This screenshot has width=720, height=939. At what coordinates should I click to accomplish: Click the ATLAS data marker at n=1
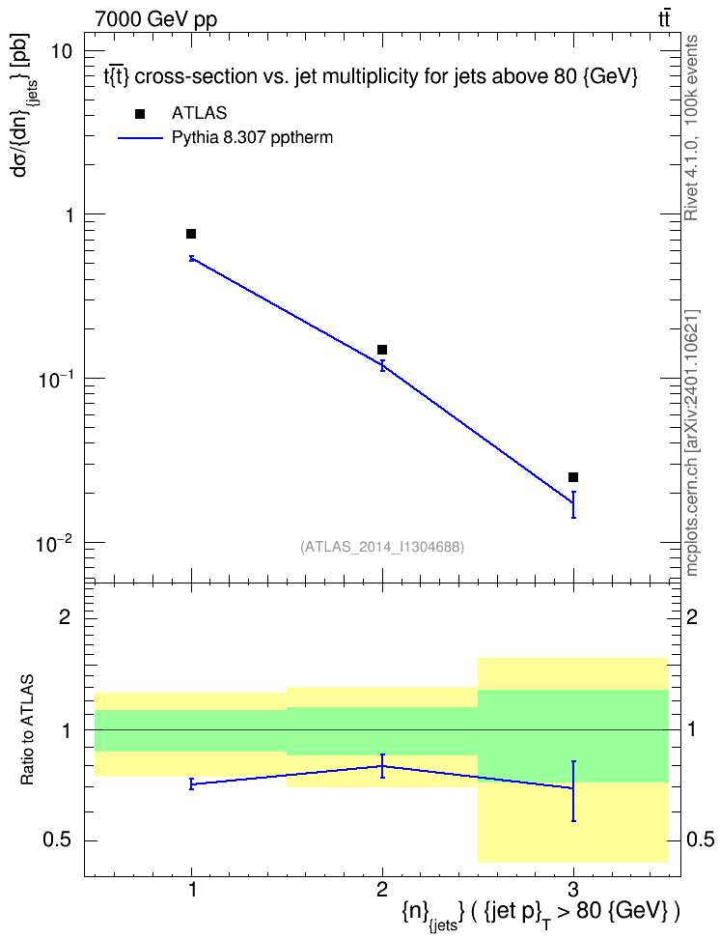[x=191, y=234]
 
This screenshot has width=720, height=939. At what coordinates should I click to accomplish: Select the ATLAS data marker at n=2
[x=382, y=350]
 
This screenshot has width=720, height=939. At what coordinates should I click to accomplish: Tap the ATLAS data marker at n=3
[x=572, y=477]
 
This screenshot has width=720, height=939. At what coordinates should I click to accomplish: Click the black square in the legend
[x=140, y=113]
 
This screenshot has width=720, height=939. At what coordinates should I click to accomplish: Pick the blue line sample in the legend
[x=140, y=138]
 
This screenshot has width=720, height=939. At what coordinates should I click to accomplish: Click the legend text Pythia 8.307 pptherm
[x=252, y=138]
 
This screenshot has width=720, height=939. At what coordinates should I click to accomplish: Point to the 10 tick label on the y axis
[x=60, y=51]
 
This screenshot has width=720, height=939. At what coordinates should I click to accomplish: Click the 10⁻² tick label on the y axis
[x=53, y=544]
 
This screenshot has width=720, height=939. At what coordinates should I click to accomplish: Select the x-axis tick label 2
[x=382, y=890]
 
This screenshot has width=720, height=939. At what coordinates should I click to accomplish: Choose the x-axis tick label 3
[x=572, y=890]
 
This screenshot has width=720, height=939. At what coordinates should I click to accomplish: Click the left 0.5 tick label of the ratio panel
[x=58, y=840]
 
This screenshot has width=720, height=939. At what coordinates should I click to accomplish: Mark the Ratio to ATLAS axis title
[x=28, y=729]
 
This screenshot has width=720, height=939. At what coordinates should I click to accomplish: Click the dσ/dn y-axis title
[x=24, y=104]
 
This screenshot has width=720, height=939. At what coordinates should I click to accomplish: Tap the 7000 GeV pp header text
[x=155, y=19]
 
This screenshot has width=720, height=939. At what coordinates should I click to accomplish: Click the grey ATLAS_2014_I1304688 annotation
[x=382, y=546]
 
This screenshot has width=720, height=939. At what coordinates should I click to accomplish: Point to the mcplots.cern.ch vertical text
[x=692, y=442]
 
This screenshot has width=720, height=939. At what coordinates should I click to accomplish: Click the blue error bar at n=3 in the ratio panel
[x=573, y=791]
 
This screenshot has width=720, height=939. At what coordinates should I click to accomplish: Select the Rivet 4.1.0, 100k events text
[x=691, y=128]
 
